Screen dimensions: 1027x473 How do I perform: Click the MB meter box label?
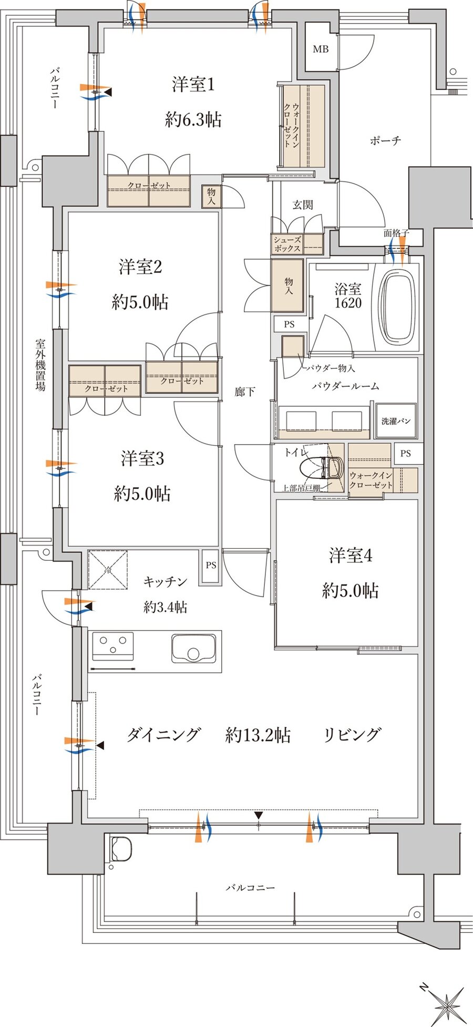coord(321,49)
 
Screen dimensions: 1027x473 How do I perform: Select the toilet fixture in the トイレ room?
coord(321,467)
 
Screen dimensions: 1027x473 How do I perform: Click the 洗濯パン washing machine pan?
coord(396,421)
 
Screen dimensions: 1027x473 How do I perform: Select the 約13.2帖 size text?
coord(258,734)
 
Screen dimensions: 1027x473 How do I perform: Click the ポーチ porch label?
coord(385,140)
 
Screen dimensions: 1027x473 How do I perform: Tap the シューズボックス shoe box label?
coord(287,244)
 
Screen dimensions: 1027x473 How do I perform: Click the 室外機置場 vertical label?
coord(40,365)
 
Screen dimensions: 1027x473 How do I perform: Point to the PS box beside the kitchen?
coord(211,566)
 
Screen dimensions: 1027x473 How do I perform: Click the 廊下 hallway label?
coord(245,392)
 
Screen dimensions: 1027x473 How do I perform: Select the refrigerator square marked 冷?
coord(108,570)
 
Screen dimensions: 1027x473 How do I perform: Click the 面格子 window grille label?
coord(396,233)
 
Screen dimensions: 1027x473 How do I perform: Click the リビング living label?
coord(352,734)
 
